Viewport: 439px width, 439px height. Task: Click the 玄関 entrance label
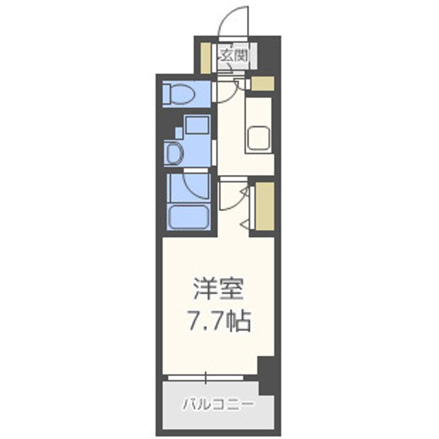point(233,55)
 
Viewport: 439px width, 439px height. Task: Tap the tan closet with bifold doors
point(264,206)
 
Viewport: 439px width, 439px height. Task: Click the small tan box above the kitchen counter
point(262,84)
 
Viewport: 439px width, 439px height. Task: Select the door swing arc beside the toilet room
point(227,91)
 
